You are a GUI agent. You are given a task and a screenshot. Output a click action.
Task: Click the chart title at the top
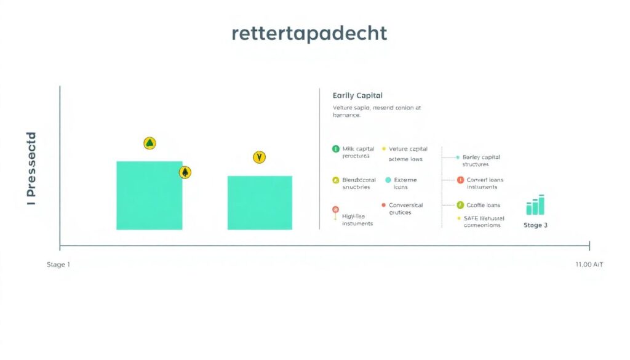coord(309,33)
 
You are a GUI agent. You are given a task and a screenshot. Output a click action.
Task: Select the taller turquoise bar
coord(150,195)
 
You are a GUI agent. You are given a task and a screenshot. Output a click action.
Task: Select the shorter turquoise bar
coord(260,202)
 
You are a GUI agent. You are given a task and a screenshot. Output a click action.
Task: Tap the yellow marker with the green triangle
coord(150,143)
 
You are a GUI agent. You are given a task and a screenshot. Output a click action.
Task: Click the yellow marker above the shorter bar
coord(259,158)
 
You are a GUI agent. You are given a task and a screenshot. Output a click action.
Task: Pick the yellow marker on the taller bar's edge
coord(185,172)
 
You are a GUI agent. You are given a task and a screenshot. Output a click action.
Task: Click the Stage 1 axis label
coord(58,265)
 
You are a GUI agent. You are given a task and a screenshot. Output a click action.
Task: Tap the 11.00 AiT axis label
coord(588,265)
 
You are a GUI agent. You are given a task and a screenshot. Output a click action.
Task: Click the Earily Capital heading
coord(357,95)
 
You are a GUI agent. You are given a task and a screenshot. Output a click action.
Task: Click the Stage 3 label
coord(535,225)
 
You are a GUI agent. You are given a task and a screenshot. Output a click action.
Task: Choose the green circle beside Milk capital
coord(335,149)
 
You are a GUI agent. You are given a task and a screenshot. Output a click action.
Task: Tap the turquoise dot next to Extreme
coord(388,180)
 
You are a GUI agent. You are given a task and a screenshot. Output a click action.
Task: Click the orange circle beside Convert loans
coord(460,180)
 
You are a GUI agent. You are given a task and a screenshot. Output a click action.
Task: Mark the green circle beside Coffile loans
coord(460,205)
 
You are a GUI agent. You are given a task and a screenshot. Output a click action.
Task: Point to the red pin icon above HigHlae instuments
coord(335,210)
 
